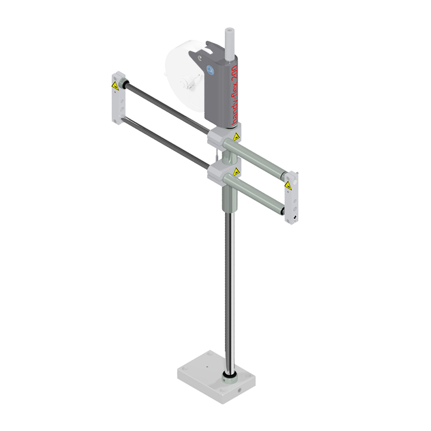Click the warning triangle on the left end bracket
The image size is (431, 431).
(115, 85)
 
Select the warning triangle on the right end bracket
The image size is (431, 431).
(288, 186)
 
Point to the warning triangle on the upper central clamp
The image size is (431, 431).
(236, 137)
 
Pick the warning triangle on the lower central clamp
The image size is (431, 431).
(236, 172)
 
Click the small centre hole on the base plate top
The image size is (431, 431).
(207, 366)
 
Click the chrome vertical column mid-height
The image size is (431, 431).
(229, 287)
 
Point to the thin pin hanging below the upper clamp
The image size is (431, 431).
(215, 154)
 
